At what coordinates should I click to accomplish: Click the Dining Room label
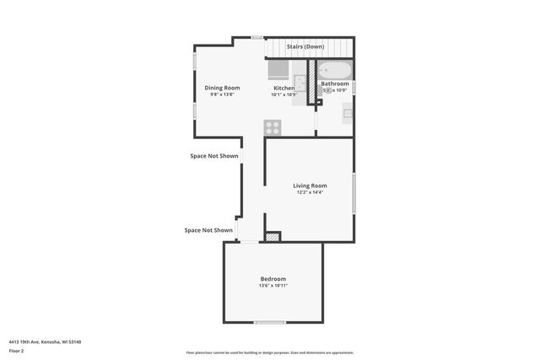click(x=223, y=88)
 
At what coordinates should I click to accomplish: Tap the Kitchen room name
click(x=283, y=88)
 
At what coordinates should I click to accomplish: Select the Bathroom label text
click(x=335, y=83)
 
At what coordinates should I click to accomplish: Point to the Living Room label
click(x=310, y=185)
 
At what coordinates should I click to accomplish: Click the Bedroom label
click(x=273, y=279)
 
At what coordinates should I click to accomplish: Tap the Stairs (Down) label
click(x=305, y=46)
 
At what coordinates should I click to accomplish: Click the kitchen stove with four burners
click(x=273, y=127)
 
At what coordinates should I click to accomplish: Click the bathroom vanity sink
click(x=348, y=113)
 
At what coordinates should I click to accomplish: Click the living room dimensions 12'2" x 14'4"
click(x=310, y=192)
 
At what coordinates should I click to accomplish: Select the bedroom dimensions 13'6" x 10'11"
click(x=273, y=286)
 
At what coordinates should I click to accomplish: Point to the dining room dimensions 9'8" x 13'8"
click(x=223, y=94)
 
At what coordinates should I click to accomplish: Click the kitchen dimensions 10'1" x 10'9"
click(x=283, y=94)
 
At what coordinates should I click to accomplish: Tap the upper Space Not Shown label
click(x=213, y=156)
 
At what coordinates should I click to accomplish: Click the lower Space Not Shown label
click(x=208, y=230)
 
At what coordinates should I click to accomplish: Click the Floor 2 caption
click(x=16, y=350)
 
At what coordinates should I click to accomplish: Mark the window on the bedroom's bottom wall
click(x=270, y=322)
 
